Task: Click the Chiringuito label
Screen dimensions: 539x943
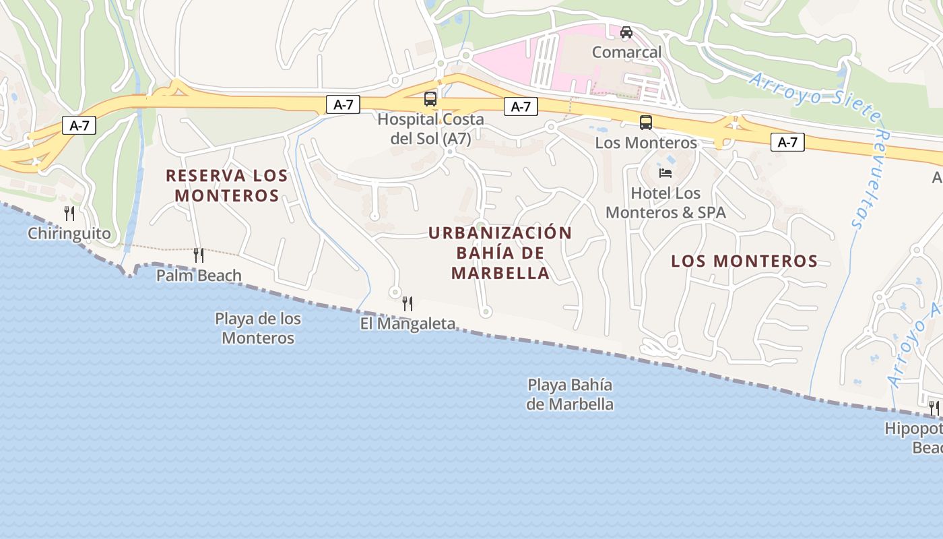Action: pos(69,234)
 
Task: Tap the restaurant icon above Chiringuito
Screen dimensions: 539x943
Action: pos(69,214)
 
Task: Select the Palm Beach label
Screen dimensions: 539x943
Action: pos(199,275)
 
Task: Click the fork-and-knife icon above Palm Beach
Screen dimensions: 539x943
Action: pos(199,255)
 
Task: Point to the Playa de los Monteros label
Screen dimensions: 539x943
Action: pos(258,328)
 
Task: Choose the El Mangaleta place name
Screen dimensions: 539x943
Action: pos(408,324)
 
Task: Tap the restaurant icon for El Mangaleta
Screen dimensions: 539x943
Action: pos(408,304)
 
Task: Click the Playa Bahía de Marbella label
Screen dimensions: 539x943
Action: pos(570,395)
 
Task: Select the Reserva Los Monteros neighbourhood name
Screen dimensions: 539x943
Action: pos(227,185)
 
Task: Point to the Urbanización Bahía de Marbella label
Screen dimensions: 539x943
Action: pos(500,253)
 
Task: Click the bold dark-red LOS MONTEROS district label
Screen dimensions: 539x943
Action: pos(744,261)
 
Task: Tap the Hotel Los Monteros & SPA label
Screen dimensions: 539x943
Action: pos(665,203)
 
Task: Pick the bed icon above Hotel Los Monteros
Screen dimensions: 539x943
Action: pos(665,173)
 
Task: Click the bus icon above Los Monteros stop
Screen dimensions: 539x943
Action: pos(646,123)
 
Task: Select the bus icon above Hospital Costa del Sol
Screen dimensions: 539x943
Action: pos(430,99)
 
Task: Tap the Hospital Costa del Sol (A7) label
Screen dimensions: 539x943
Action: pos(430,129)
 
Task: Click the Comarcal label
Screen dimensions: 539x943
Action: pos(626,52)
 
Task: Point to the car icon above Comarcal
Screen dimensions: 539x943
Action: pos(626,32)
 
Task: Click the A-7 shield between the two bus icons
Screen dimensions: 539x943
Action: pos(521,106)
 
